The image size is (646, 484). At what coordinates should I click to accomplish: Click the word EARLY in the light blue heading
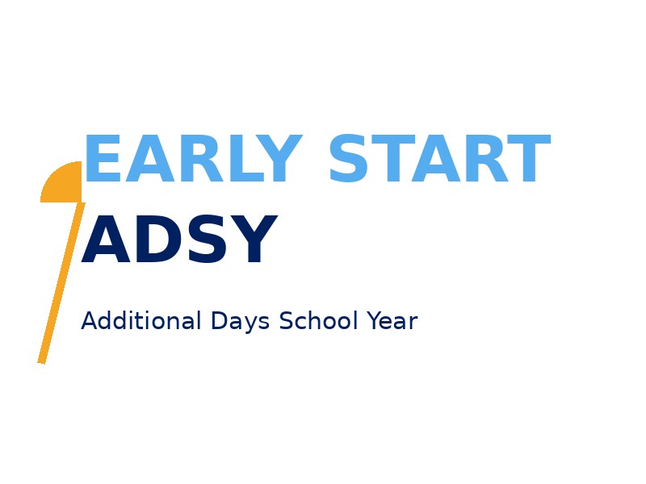pyautogui.click(x=194, y=158)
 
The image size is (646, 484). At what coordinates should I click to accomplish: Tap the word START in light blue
pyautogui.click(x=439, y=158)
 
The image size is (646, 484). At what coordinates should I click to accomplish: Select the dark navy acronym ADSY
pyautogui.click(x=179, y=239)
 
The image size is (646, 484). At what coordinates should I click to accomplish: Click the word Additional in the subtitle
pyautogui.click(x=141, y=320)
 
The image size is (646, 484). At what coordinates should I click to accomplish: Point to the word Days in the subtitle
pyautogui.click(x=240, y=322)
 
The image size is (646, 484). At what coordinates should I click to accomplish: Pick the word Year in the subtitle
pyautogui.click(x=392, y=320)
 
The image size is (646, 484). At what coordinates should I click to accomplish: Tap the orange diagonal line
pyautogui.click(x=61, y=283)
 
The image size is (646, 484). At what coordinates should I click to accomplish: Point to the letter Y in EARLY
pyautogui.click(x=280, y=158)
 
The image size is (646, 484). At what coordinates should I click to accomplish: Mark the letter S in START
pyautogui.click(x=348, y=158)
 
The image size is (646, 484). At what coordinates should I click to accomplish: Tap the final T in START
pyautogui.click(x=529, y=158)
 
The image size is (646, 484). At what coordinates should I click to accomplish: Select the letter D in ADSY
pyautogui.click(x=156, y=239)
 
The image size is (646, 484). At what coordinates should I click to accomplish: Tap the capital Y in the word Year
pyautogui.click(x=375, y=320)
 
